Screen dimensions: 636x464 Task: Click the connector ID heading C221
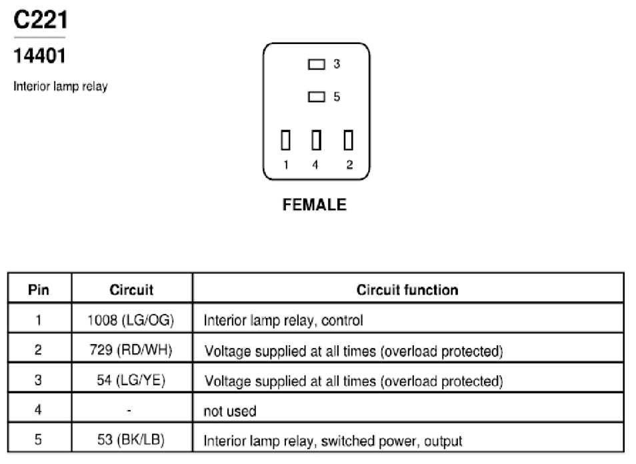click(41, 20)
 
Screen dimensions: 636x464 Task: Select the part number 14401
click(39, 55)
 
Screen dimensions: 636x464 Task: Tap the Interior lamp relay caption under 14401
click(61, 87)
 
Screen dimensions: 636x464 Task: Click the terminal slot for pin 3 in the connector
click(317, 64)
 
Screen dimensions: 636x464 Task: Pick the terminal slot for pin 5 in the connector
click(317, 97)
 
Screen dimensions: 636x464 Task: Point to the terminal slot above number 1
click(285, 140)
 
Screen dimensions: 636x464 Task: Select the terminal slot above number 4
click(317, 140)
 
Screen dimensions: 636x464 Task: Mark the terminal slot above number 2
click(348, 140)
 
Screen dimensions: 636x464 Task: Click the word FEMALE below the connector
click(315, 205)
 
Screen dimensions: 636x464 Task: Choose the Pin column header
click(39, 289)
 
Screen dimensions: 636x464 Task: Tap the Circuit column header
click(131, 289)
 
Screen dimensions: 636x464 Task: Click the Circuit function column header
click(407, 289)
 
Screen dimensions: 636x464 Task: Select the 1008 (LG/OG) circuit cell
click(131, 321)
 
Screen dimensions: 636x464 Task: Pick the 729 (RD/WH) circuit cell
click(131, 349)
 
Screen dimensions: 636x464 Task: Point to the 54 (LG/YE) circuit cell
click(131, 380)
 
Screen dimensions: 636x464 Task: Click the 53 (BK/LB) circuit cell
click(131, 439)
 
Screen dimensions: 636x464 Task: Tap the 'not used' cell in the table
click(230, 411)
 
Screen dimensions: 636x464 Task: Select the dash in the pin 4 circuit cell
click(129, 411)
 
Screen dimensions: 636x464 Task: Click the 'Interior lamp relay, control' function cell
click(283, 321)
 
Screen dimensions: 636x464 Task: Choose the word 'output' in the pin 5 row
click(443, 441)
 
